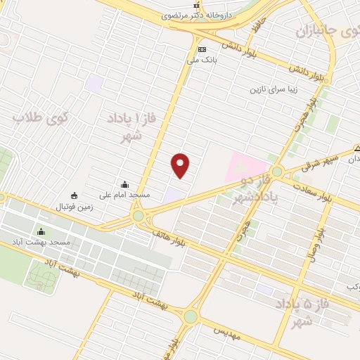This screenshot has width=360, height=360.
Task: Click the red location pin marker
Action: (x=181, y=165)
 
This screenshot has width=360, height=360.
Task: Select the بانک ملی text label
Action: (x=202, y=60)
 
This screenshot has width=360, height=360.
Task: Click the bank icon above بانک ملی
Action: (x=202, y=49)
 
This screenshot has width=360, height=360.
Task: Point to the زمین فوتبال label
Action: (x=75, y=207)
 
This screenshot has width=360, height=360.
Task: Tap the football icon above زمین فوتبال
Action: (x=75, y=195)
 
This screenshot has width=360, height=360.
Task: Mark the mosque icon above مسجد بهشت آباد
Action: (x=41, y=231)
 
